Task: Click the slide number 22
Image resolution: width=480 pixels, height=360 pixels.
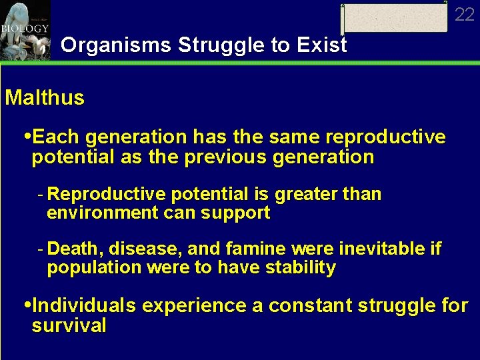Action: (x=464, y=14)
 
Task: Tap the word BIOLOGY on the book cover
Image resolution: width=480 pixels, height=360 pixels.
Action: (x=25, y=29)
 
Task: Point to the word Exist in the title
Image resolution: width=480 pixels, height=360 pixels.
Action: (x=324, y=45)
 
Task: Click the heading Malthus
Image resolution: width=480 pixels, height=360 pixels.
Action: (x=45, y=98)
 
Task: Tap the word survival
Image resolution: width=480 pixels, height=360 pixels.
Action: (x=69, y=326)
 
